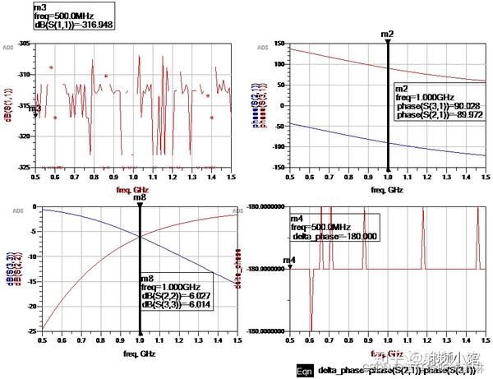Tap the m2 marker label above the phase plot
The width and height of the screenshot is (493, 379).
coord(388,34)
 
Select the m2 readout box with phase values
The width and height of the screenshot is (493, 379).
coord(432,102)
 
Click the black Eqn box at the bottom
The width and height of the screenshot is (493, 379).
coord(304,371)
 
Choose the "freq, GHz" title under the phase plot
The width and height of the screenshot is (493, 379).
coord(388,190)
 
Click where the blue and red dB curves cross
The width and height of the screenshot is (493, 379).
coord(140,237)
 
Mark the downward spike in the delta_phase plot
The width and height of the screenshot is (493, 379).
coord(311,308)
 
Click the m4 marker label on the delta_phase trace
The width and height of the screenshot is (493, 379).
coord(289,261)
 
